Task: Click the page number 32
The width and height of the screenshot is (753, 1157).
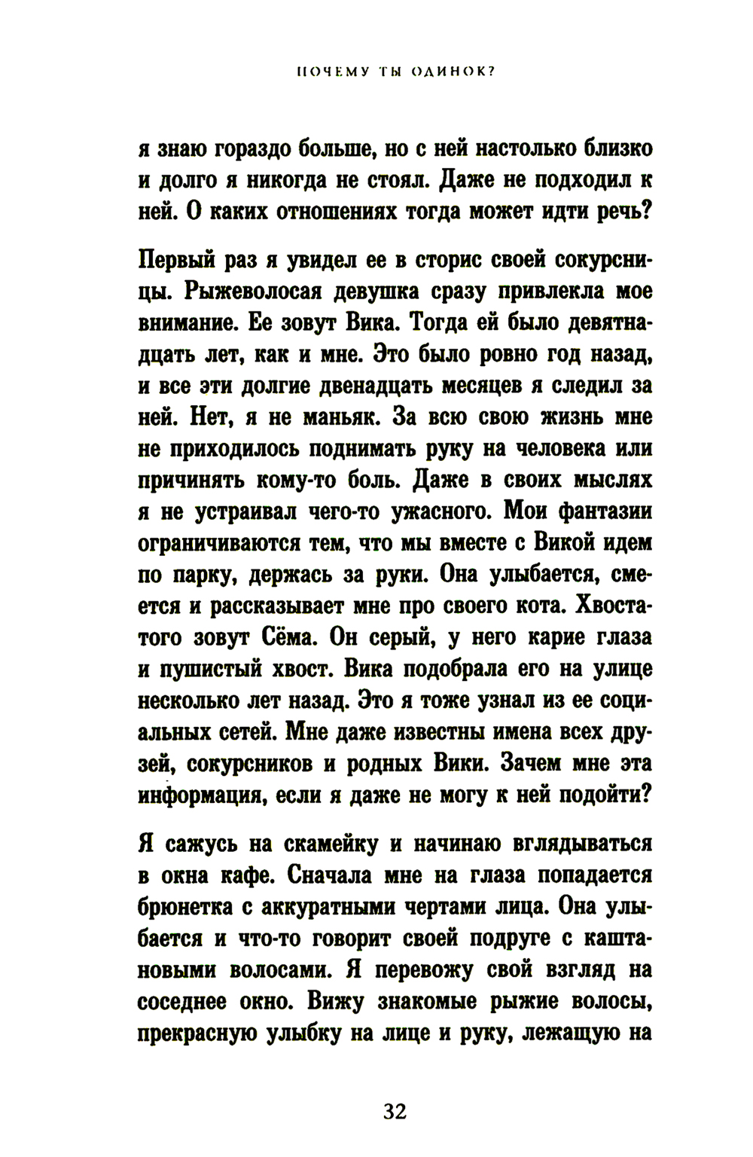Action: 395,1111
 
